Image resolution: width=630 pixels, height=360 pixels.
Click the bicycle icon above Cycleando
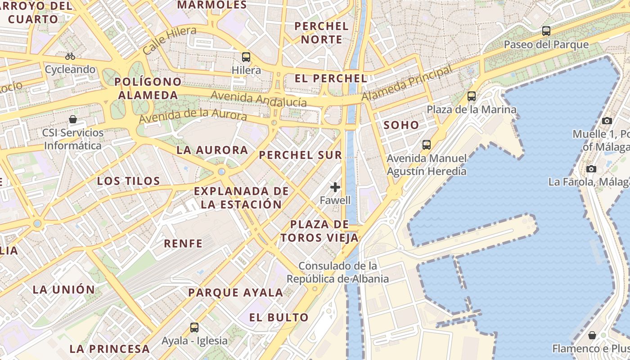pyautogui.click(x=70, y=56)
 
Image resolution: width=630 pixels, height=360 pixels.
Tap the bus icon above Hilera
pyautogui.click(x=246, y=57)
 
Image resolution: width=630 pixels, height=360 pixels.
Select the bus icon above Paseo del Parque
pyautogui.click(x=546, y=31)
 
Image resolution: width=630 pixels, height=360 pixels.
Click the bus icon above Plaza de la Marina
pyautogui.click(x=472, y=96)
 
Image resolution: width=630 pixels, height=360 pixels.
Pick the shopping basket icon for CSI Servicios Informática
pyautogui.click(x=73, y=120)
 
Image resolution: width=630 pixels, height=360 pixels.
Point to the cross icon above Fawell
pyautogui.click(x=335, y=187)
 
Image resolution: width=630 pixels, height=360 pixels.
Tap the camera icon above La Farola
pyautogui.click(x=591, y=169)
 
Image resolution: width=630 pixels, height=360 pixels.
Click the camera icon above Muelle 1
pyautogui.click(x=607, y=121)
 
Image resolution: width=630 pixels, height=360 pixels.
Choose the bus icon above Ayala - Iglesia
pyautogui.click(x=194, y=328)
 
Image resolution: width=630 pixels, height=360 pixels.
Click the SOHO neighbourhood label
pyautogui.click(x=401, y=125)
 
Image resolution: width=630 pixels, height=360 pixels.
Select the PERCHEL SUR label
pyautogui.click(x=301, y=155)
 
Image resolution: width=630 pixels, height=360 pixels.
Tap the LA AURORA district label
pyautogui.click(x=212, y=150)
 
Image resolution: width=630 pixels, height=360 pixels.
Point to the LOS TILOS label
pyautogui.click(x=129, y=181)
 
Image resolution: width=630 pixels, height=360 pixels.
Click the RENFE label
pyautogui.click(x=183, y=243)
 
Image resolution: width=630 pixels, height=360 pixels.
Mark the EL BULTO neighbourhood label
pyautogui.click(x=279, y=317)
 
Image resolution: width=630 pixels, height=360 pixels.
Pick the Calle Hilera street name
pyautogui.click(x=169, y=40)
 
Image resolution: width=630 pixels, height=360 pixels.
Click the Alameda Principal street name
pyautogui.click(x=406, y=83)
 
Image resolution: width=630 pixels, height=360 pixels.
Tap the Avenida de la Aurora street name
pyautogui.click(x=193, y=115)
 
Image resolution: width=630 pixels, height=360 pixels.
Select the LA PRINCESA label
pyautogui.click(x=109, y=348)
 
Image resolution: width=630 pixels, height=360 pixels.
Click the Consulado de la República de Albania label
pyautogui.click(x=337, y=272)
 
